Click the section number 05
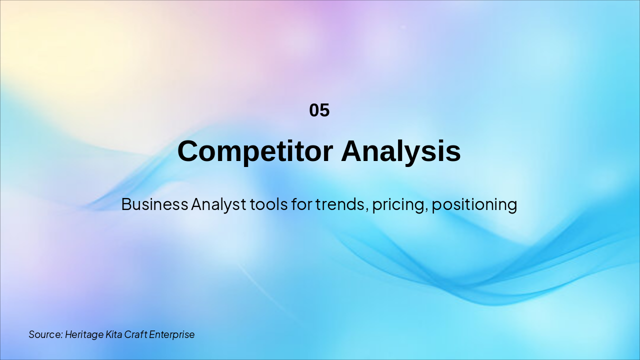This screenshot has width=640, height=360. pyautogui.click(x=319, y=110)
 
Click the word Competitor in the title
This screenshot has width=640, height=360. pyautogui.click(x=255, y=151)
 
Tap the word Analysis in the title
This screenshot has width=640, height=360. pyautogui.click(x=401, y=151)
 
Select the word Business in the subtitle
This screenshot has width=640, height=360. pyautogui.click(x=154, y=204)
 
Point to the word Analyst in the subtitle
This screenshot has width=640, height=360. pyautogui.click(x=218, y=205)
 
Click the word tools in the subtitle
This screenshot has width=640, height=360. pyautogui.click(x=268, y=204)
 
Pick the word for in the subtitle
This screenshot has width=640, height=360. pyautogui.click(x=301, y=204)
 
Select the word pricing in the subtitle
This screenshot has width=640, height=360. pyautogui.click(x=398, y=205)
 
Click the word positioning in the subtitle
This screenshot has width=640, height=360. pyautogui.click(x=474, y=205)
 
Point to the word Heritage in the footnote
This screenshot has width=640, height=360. pyautogui.click(x=84, y=335)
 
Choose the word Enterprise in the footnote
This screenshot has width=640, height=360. pyautogui.click(x=171, y=335)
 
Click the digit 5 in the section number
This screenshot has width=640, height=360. pyautogui.click(x=325, y=110)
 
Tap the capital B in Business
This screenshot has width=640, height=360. pyautogui.click(x=126, y=204)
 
